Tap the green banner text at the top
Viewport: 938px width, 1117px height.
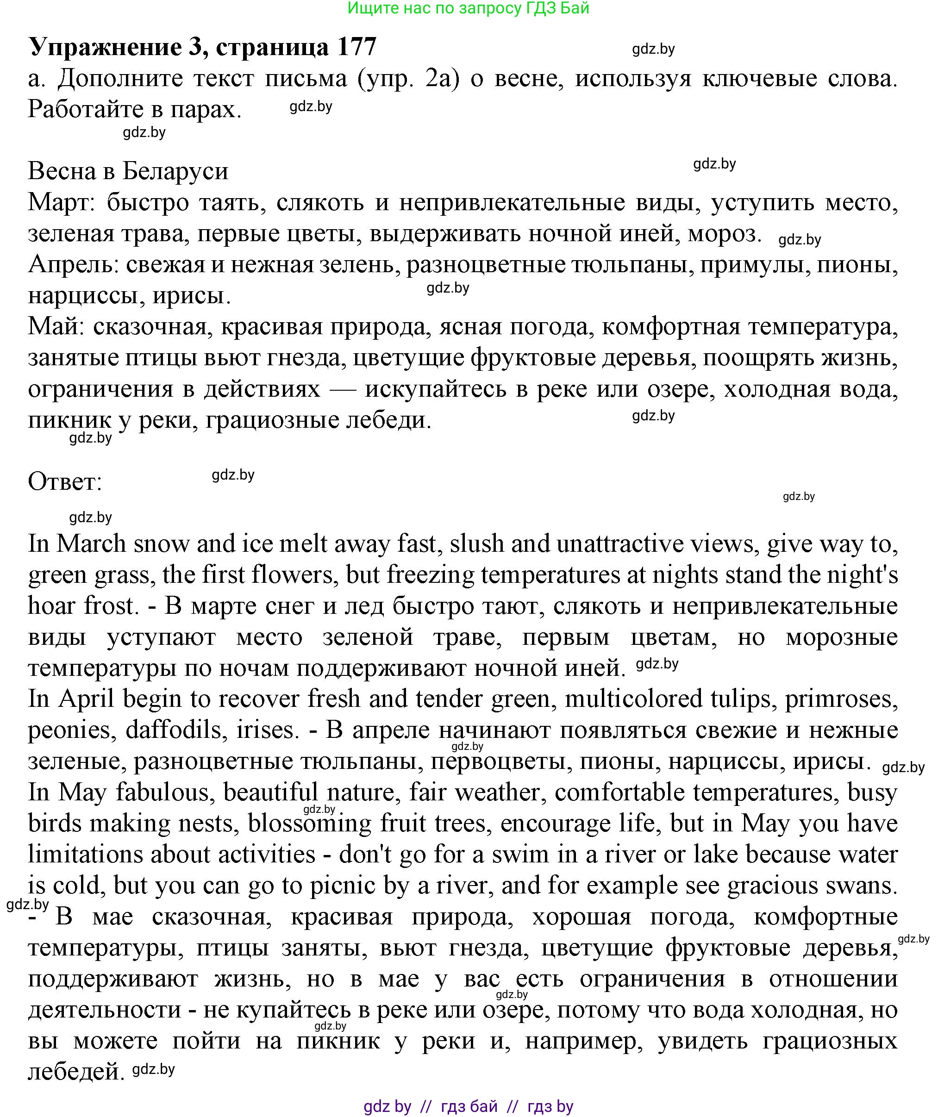click(x=468, y=8)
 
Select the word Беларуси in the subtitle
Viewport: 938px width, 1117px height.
click(x=175, y=171)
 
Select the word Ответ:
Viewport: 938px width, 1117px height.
click(x=65, y=482)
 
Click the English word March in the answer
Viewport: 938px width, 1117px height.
click(x=91, y=543)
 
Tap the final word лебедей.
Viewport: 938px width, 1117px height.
click(x=76, y=1071)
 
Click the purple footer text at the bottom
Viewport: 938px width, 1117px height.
click(x=468, y=1106)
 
